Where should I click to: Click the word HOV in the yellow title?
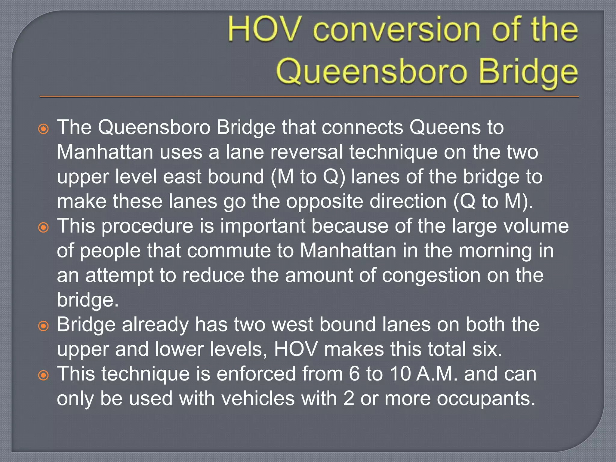264,29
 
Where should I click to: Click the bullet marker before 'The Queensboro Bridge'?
44,129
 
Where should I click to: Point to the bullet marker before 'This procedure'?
44,228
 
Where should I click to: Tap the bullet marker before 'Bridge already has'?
44,326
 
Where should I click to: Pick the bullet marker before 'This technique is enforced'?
44,375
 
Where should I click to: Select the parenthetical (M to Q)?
308,177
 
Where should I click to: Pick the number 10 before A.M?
400,374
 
